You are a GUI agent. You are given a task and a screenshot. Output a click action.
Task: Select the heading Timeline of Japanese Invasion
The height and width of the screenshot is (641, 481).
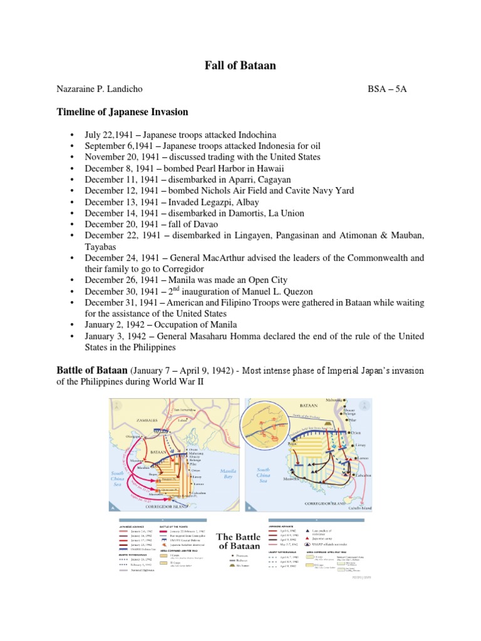click(x=123, y=112)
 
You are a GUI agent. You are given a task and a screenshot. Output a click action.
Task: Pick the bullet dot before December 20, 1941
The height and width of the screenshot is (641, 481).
click(x=73, y=224)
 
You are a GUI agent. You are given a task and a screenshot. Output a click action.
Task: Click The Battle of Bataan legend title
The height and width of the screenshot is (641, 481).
click(x=238, y=541)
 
